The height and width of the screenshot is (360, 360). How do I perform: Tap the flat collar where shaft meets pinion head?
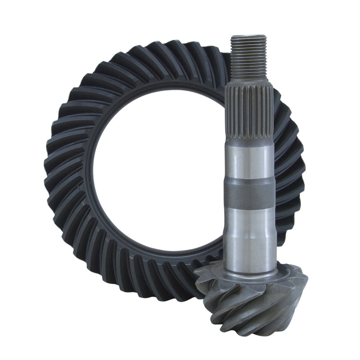[x=250, y=272]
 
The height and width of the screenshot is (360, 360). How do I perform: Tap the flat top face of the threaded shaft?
[x=248, y=36]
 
